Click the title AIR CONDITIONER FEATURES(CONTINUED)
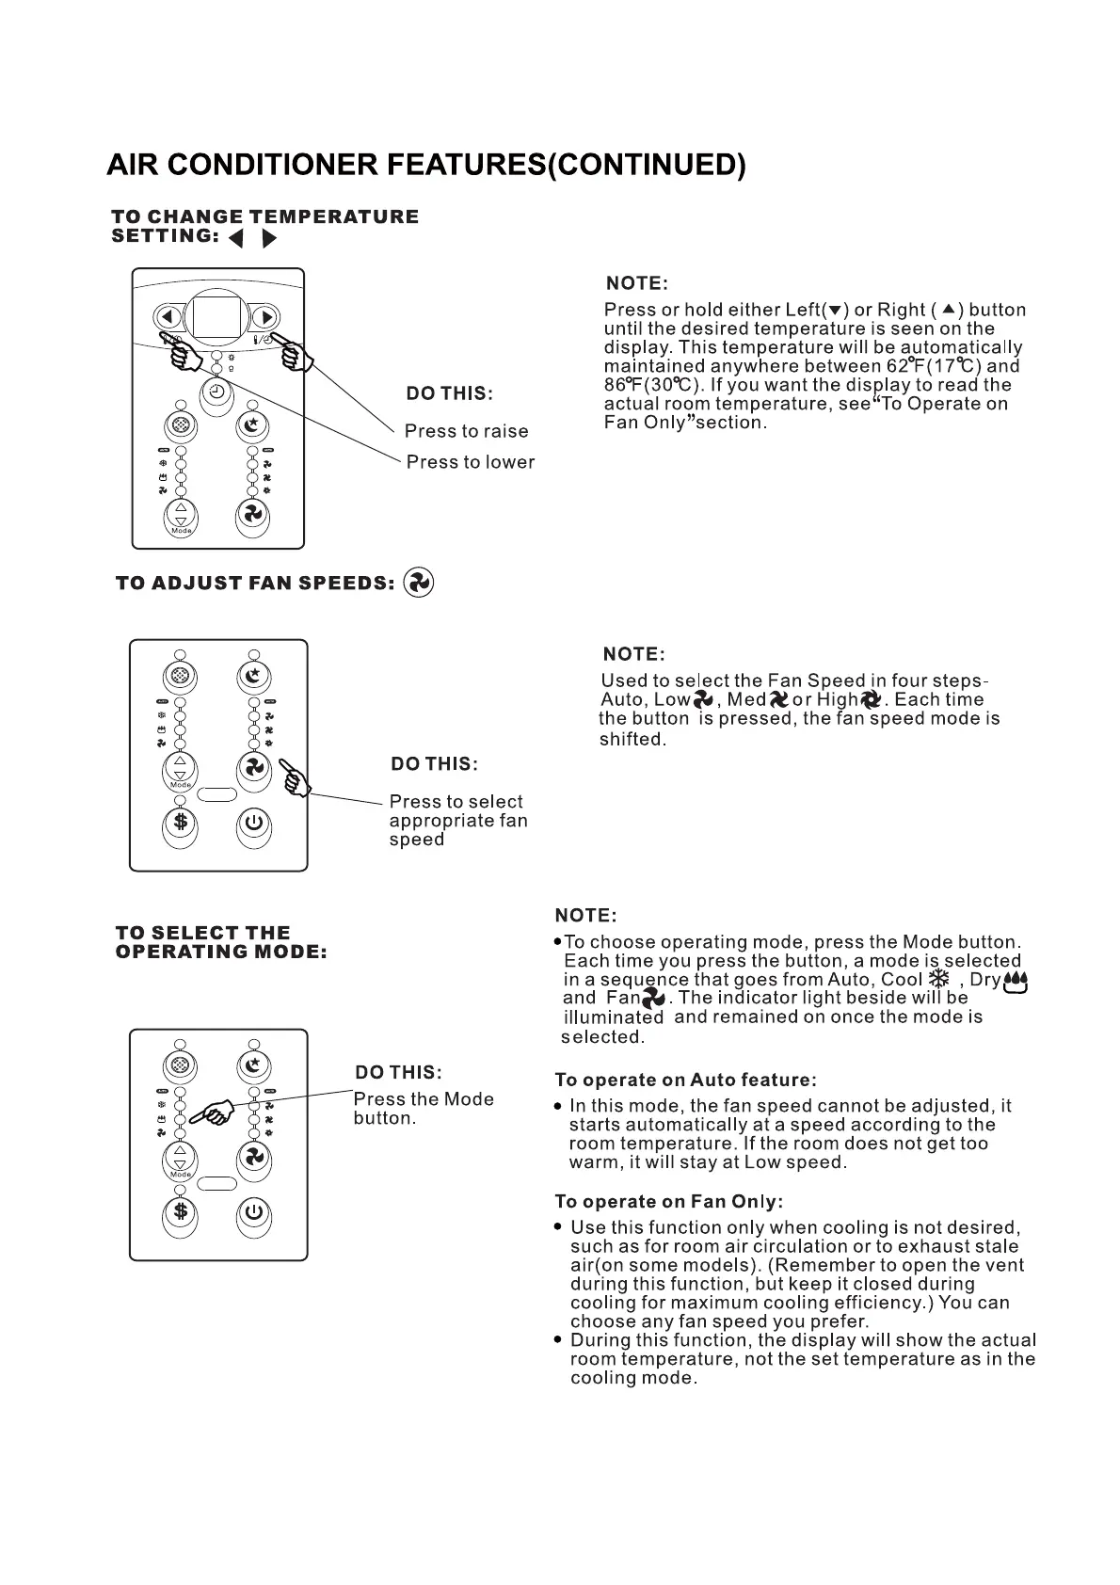[426, 165]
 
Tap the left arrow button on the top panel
[169, 317]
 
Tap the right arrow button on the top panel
[265, 317]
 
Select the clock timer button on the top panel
[217, 392]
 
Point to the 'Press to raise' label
[466, 431]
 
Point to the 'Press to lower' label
[470, 462]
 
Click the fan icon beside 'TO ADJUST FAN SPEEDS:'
[418, 584]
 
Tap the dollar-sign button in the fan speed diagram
[180, 822]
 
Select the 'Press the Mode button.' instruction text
[423, 1109]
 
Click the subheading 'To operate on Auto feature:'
[685, 1080]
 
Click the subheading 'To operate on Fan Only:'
[668, 1201]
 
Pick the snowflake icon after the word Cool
[938, 979]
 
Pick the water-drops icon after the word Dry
[1016, 983]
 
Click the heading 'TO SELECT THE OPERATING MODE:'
[221, 942]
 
